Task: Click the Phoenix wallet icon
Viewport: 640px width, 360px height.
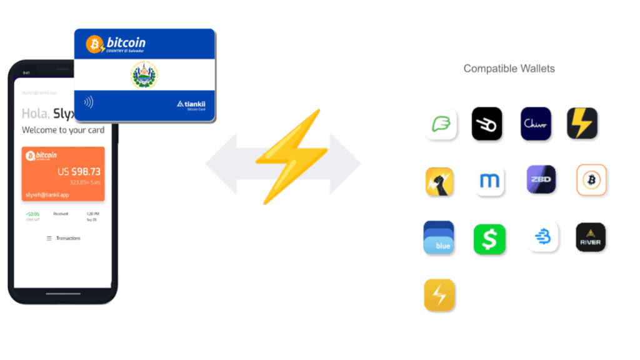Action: coord(441,124)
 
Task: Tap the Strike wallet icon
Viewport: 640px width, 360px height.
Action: coord(488,124)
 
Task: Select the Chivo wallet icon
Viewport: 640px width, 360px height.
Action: coord(536,124)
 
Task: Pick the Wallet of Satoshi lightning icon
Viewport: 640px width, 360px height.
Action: coord(583,123)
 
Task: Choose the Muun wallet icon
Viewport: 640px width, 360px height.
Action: coord(490,181)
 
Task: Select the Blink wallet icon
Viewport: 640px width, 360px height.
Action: coord(591,180)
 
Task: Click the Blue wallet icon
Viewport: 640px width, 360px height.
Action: coord(438,238)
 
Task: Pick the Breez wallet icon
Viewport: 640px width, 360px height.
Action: coord(542,237)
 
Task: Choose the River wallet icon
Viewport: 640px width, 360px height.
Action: coord(590,237)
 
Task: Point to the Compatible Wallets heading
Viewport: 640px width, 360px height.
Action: coord(509,68)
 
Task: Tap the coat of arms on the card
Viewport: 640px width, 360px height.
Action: coord(145,76)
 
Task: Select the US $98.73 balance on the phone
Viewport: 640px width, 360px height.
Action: coord(79,171)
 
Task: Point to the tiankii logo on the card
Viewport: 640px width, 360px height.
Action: coord(191,104)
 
